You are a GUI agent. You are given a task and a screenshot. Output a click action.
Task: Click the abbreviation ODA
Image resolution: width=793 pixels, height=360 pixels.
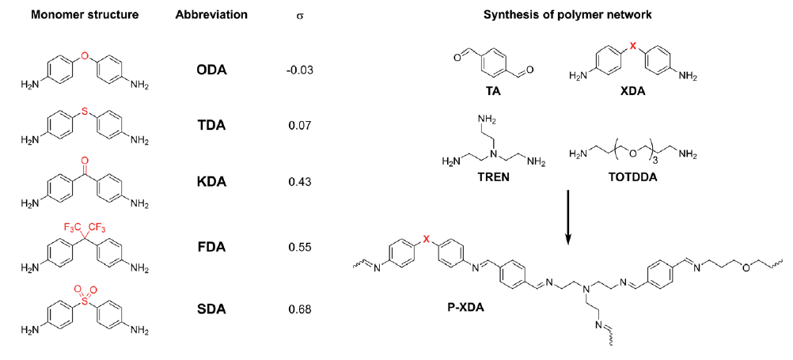click(211, 70)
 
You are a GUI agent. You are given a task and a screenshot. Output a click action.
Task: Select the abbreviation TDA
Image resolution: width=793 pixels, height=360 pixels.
click(211, 126)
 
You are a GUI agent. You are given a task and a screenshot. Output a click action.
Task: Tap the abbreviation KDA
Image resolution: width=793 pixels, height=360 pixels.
click(211, 182)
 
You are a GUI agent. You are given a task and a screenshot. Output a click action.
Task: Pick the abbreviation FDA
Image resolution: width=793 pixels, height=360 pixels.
click(211, 247)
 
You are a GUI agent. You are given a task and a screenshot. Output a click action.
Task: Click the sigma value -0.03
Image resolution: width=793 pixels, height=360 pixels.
click(300, 70)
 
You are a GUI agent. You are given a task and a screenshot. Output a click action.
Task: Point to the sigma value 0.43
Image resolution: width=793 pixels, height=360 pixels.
click(300, 182)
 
